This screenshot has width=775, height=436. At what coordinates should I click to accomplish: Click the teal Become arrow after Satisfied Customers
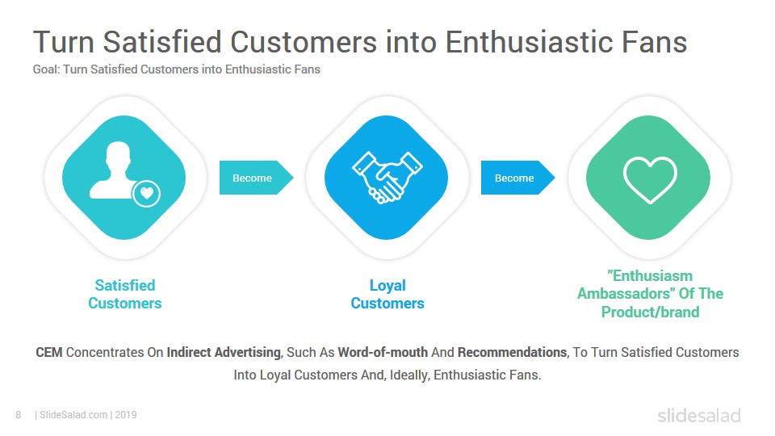tap(256, 178)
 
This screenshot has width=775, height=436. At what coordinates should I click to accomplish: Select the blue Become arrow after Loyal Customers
tap(517, 178)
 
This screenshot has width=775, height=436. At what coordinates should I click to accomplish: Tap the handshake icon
tap(387, 178)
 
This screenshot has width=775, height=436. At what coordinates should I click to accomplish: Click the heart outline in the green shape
tap(649, 180)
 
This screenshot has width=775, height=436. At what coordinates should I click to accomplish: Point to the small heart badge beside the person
tap(146, 194)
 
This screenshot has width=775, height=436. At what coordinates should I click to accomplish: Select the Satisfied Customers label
tap(125, 294)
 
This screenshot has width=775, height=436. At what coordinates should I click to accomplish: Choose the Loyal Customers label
tap(387, 294)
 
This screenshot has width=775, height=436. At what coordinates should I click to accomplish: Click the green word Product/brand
tap(650, 312)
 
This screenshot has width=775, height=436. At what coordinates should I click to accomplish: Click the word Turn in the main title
tap(64, 41)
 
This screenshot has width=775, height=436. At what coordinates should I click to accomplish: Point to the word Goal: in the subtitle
tap(47, 69)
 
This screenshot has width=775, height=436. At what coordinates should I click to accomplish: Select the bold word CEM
tap(49, 352)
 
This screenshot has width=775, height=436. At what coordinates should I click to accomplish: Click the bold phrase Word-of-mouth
tap(383, 352)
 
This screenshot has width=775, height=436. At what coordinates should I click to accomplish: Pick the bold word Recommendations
tap(512, 352)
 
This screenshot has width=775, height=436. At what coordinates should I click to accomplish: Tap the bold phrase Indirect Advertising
tap(224, 353)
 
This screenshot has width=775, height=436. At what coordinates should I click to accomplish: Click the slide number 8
tap(19, 415)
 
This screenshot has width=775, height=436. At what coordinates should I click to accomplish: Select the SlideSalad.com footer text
tap(73, 415)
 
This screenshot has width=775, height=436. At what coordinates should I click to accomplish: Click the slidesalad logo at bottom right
tap(699, 415)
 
